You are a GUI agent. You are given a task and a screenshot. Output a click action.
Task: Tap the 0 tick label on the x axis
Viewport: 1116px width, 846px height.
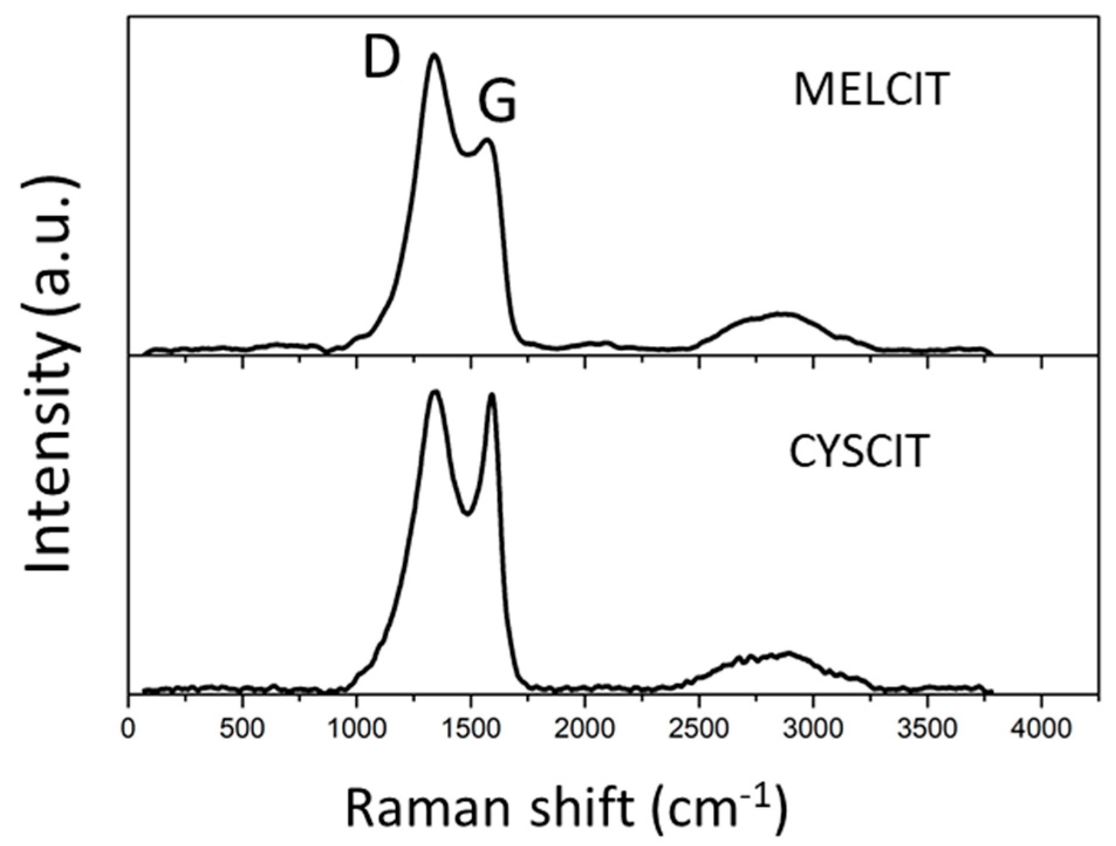[128, 730]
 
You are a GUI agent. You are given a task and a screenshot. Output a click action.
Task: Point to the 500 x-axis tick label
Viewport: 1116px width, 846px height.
[242, 730]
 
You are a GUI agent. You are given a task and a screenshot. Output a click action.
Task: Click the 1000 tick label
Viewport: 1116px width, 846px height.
[356, 730]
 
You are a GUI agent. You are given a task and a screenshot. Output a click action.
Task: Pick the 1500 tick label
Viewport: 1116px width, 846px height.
[470, 730]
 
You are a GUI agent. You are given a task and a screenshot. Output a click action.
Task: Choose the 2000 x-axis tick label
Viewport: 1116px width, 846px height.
[584, 730]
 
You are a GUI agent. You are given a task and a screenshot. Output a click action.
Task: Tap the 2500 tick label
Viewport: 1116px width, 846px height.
[698, 730]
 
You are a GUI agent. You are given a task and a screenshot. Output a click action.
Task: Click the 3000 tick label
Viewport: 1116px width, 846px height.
[812, 730]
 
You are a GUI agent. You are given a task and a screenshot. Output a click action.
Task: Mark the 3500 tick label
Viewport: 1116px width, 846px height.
[926, 730]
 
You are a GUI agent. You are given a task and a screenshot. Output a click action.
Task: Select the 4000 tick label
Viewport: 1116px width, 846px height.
[1040, 730]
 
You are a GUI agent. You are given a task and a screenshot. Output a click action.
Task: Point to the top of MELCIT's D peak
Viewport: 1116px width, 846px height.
[434, 55]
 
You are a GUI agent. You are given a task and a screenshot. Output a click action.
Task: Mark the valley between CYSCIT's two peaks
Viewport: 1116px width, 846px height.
[467, 514]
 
